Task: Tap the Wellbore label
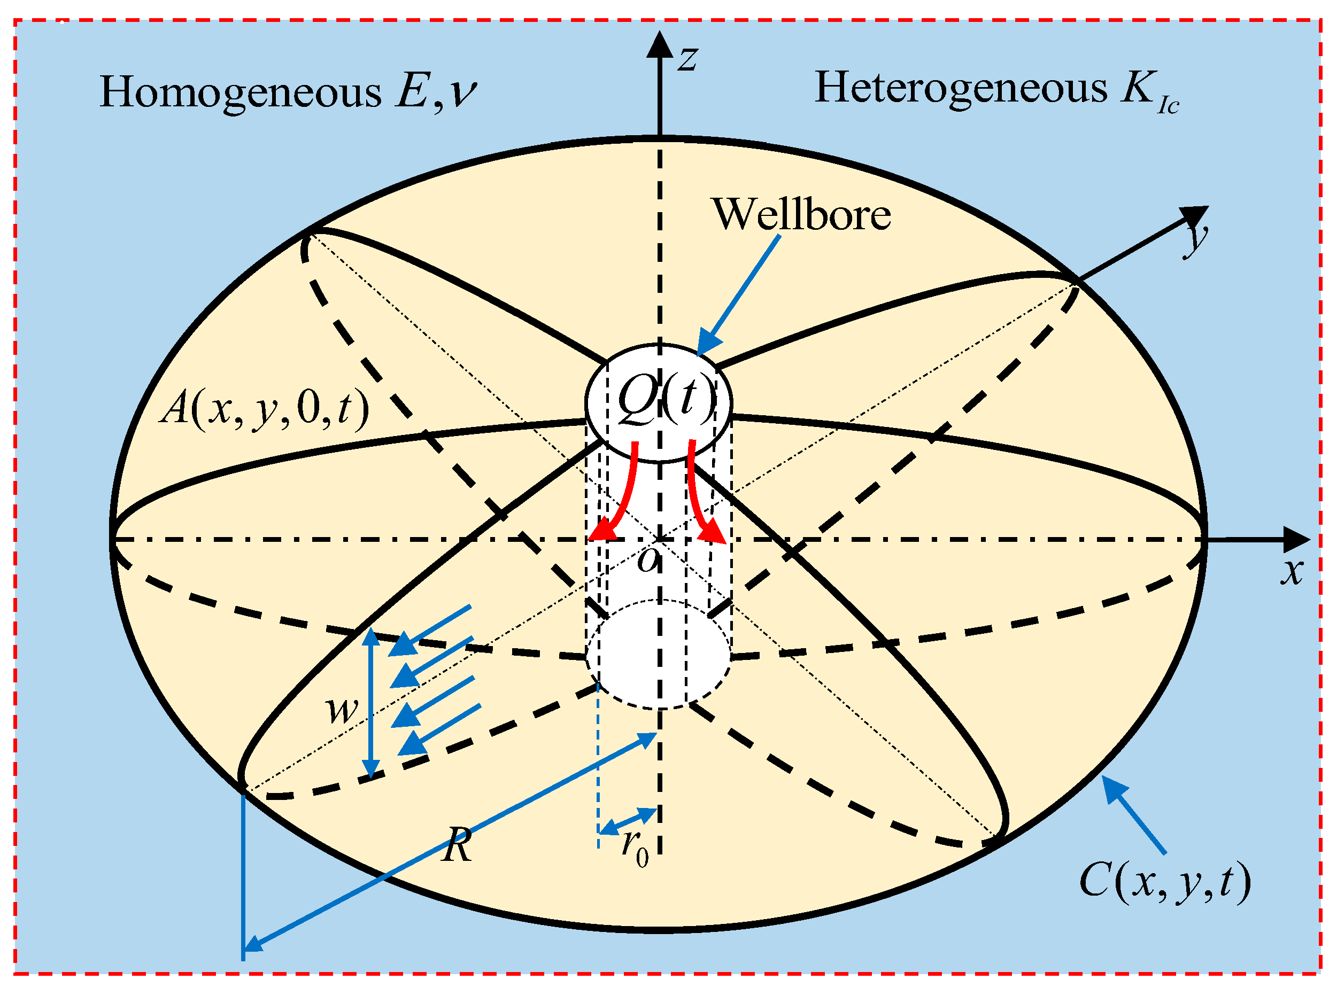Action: click(801, 215)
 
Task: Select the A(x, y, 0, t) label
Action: click(264, 409)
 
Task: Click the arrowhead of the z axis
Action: click(660, 43)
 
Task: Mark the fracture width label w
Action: click(342, 710)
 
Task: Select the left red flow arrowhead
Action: click(603, 530)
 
